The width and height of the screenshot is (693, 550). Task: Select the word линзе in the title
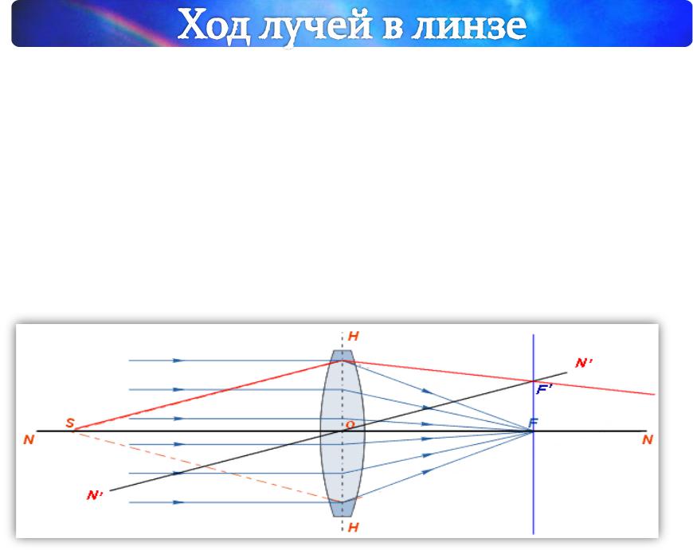pyautogui.click(x=468, y=25)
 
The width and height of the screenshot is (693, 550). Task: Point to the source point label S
pyautogui.click(x=70, y=423)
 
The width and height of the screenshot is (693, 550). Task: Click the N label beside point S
pyautogui.click(x=29, y=439)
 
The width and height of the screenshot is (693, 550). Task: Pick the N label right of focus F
pyautogui.click(x=648, y=439)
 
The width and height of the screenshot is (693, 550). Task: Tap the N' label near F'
pyautogui.click(x=584, y=363)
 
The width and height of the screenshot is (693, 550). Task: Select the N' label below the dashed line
pyautogui.click(x=95, y=495)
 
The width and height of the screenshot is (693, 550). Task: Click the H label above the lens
pyautogui.click(x=353, y=336)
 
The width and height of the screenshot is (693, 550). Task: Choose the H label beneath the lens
pyautogui.click(x=353, y=527)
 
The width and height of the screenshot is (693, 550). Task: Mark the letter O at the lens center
pyautogui.click(x=350, y=425)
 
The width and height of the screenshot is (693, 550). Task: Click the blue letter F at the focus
pyautogui.click(x=533, y=423)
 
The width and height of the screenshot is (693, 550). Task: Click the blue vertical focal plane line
pyautogui.click(x=534, y=435)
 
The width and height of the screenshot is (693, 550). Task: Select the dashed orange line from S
pyautogui.click(x=208, y=466)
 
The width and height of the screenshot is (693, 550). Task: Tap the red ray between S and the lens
pyautogui.click(x=208, y=395)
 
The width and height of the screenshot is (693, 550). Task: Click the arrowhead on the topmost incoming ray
pyautogui.click(x=178, y=361)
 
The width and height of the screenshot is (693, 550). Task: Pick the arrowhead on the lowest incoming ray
pyautogui.click(x=178, y=502)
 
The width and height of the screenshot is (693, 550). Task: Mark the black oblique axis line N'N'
pyautogui.click(x=338, y=431)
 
